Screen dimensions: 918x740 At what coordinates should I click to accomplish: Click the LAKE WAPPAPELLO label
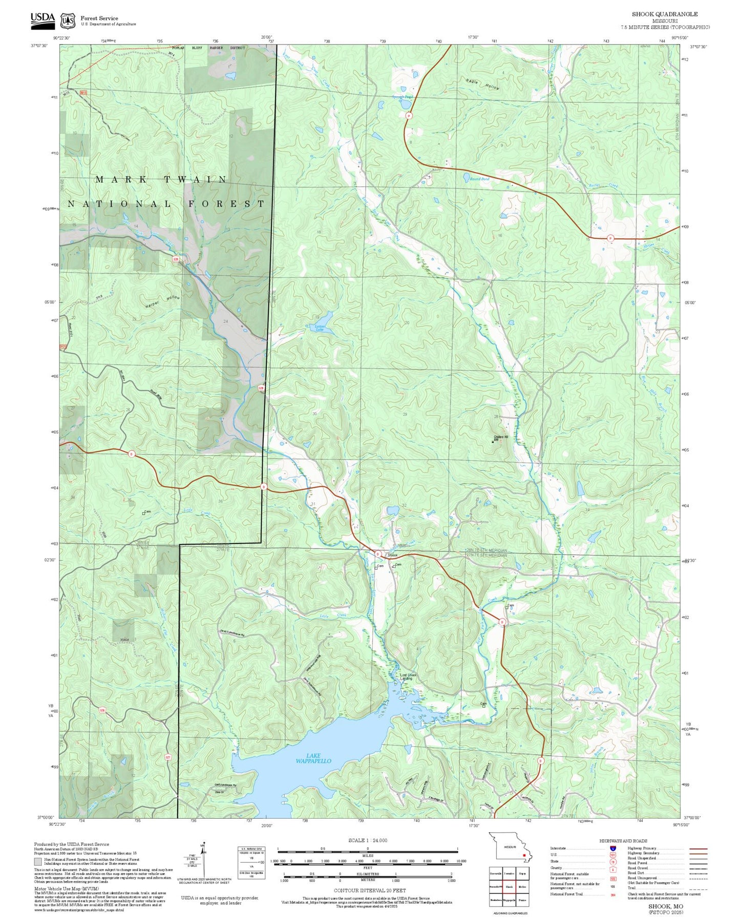tap(313, 758)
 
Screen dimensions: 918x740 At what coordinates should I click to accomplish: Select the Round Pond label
tap(480, 179)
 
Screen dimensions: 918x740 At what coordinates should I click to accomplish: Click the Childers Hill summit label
tap(500, 438)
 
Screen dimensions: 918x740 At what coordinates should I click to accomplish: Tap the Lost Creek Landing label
tap(408, 676)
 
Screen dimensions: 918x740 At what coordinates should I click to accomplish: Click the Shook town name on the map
tap(392, 555)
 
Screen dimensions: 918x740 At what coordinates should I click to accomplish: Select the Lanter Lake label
tap(320, 327)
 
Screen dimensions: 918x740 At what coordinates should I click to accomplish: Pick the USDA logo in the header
tap(42, 19)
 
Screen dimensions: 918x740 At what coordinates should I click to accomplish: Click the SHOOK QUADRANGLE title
tap(664, 14)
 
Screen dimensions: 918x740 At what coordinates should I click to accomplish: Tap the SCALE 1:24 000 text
tap(367, 840)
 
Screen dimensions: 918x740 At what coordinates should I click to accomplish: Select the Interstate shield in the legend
tap(612, 848)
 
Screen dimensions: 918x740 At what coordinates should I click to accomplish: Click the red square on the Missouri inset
tap(523, 855)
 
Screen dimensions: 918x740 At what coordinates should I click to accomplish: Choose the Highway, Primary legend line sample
tap(698, 848)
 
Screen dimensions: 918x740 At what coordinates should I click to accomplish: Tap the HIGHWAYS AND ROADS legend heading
tap(623, 841)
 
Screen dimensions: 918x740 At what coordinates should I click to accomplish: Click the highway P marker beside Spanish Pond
tap(409, 116)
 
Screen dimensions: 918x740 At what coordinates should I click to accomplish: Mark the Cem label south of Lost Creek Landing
tap(483, 704)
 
